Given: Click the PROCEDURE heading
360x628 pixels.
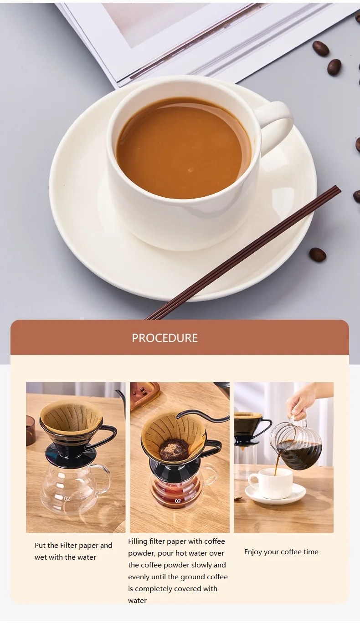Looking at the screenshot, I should point(165,338).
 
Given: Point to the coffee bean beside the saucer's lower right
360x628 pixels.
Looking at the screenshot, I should point(318,255).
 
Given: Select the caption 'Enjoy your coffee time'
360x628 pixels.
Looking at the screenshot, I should point(281,551).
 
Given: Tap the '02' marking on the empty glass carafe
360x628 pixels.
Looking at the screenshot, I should point(67,499).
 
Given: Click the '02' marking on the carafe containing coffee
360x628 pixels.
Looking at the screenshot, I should point(178,500).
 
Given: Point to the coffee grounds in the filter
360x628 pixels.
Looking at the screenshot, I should point(173,449).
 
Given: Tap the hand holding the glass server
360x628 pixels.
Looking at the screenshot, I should point(301,401).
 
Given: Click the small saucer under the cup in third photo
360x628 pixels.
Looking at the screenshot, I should point(275,495).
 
